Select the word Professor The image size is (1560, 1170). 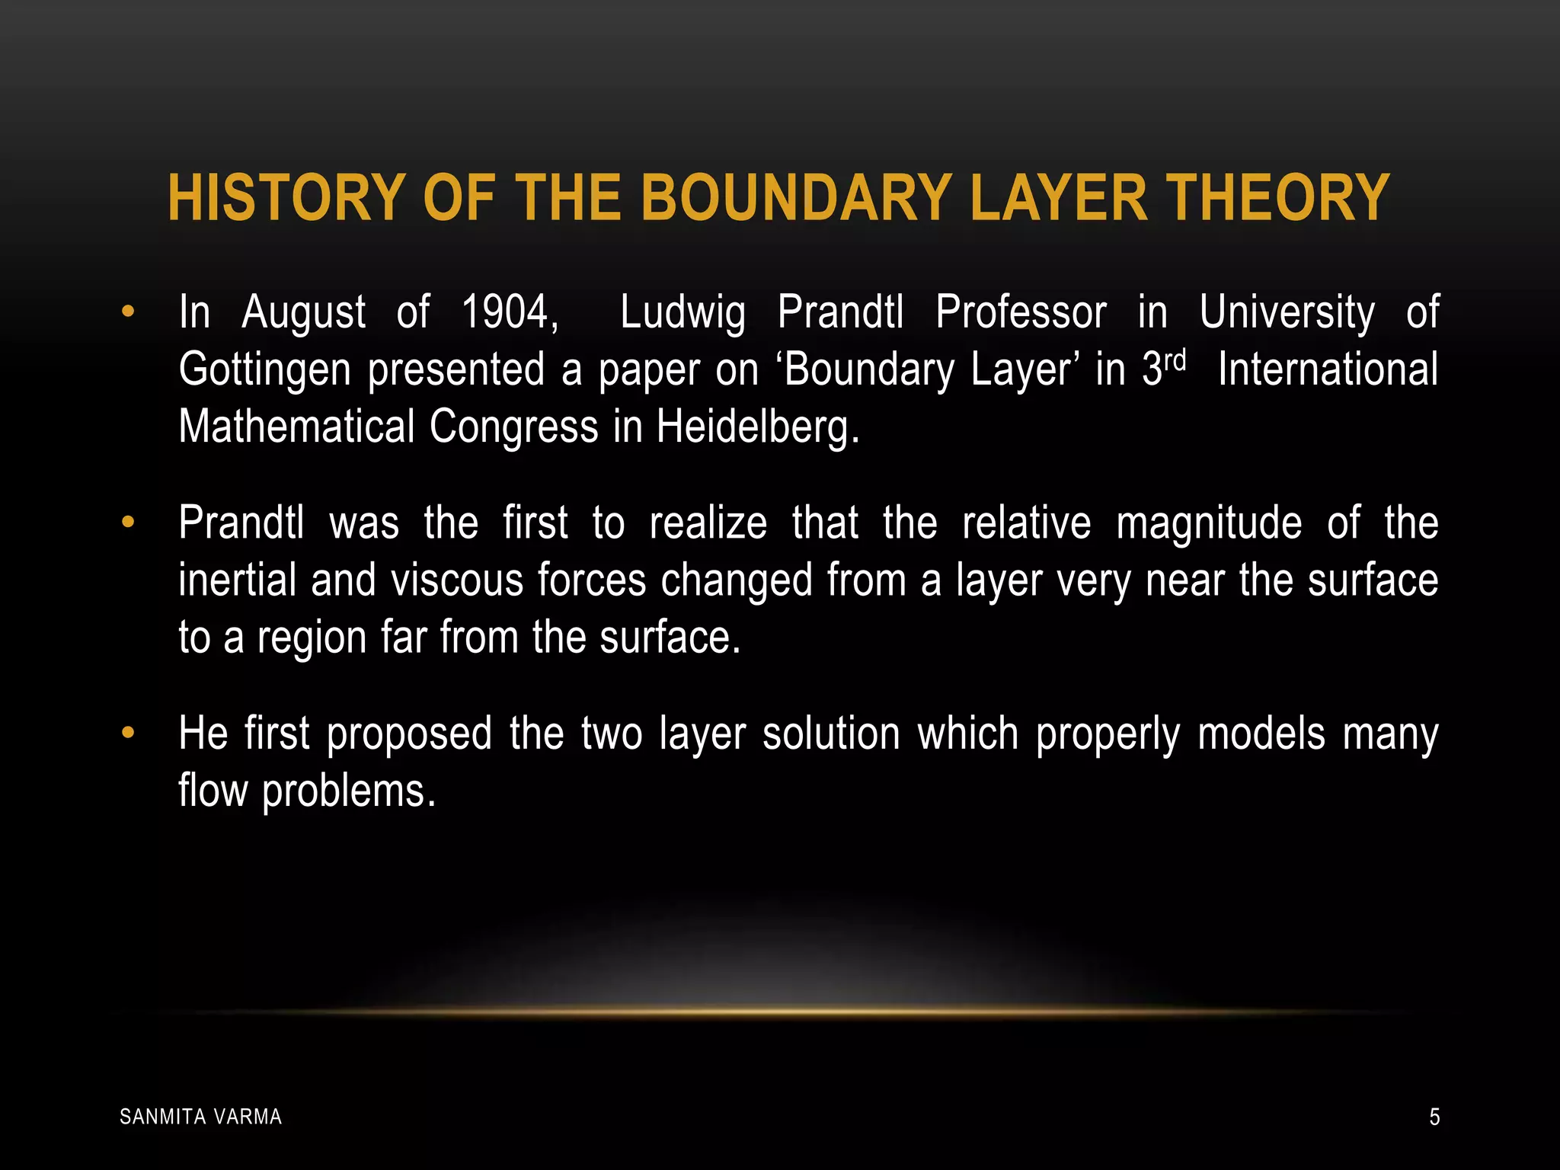tap(1021, 312)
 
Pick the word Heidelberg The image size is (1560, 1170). tap(757, 427)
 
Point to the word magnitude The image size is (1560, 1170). tap(1209, 525)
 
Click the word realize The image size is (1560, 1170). tap(708, 523)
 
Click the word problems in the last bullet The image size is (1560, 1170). tap(348, 792)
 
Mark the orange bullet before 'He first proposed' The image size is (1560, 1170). tap(127, 733)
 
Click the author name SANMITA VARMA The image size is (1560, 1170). tap(201, 1117)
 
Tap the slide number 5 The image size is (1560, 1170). tap(1434, 1117)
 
